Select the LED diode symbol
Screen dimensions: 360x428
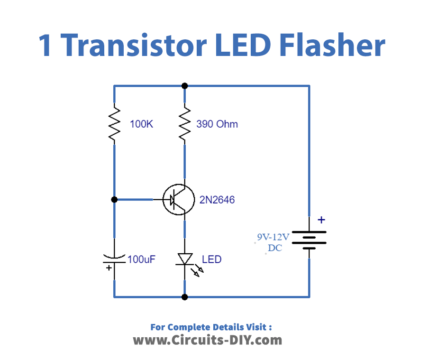click(185, 260)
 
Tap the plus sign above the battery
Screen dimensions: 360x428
click(321, 219)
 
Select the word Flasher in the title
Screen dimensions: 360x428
click(334, 44)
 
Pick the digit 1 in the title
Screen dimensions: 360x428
click(46, 44)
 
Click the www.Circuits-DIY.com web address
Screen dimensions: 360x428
click(213, 340)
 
